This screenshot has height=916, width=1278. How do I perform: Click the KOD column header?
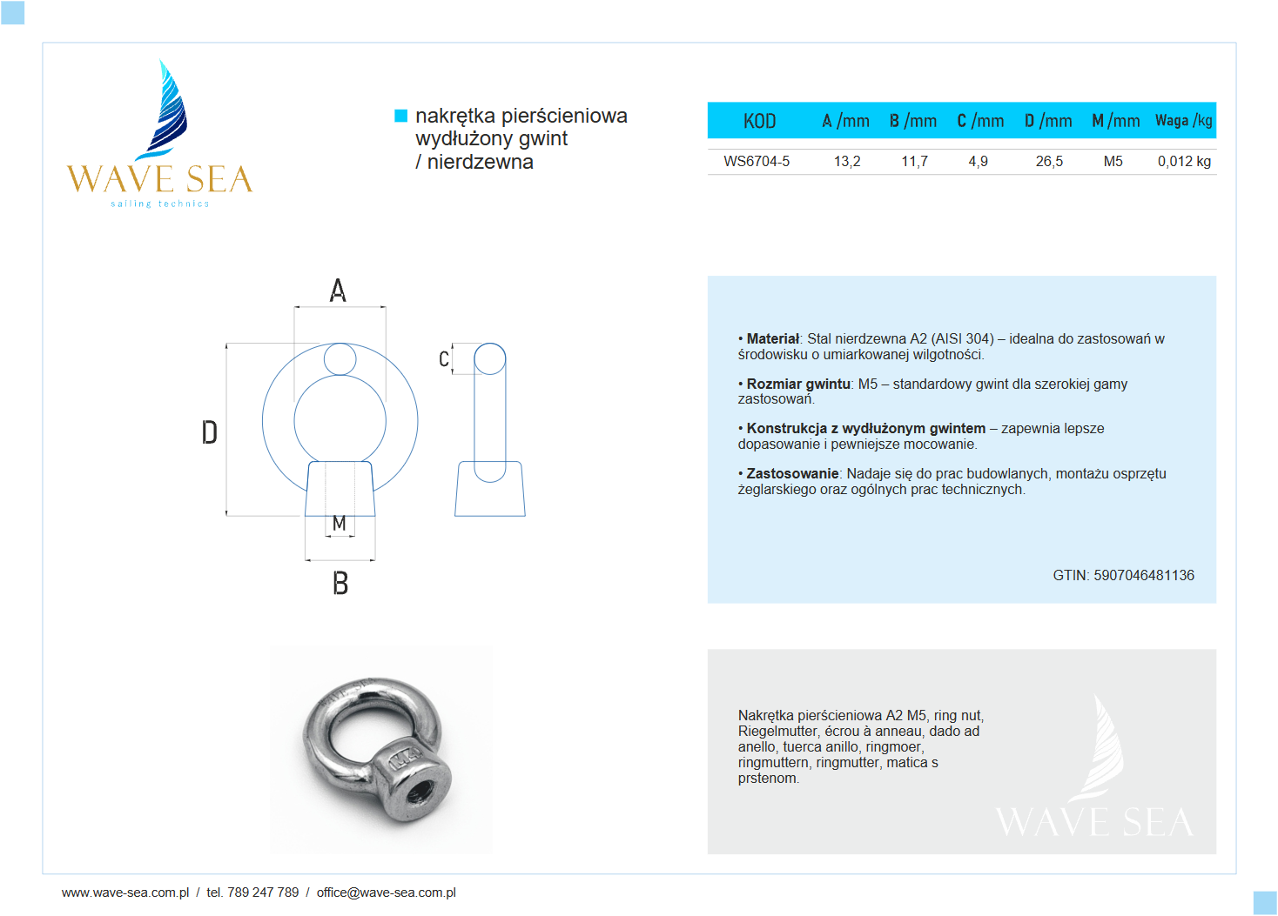(x=759, y=121)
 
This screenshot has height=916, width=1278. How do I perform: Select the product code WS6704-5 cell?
(x=757, y=161)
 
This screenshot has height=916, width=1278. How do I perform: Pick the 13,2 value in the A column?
(x=846, y=161)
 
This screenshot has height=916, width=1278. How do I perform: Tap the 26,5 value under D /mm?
(x=1049, y=161)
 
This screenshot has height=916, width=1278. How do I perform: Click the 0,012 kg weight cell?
(x=1183, y=161)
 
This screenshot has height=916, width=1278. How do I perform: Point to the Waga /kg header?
(x=1183, y=121)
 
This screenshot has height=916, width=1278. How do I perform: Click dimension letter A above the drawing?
(x=338, y=291)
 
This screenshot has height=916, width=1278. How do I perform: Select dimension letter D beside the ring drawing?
(x=209, y=432)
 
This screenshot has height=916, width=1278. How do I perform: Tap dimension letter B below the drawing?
(x=340, y=583)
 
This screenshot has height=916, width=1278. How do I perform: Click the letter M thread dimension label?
(x=340, y=523)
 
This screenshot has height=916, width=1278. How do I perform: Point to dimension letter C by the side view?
(x=444, y=359)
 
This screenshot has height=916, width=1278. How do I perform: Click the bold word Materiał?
(x=772, y=338)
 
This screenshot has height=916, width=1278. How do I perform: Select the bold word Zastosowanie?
(x=791, y=473)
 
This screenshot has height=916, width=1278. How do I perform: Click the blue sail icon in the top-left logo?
(x=167, y=109)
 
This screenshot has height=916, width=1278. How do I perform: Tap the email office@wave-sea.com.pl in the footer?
(x=386, y=893)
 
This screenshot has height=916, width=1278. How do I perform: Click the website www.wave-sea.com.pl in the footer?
(x=125, y=893)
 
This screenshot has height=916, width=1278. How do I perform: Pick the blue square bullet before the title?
(x=401, y=116)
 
